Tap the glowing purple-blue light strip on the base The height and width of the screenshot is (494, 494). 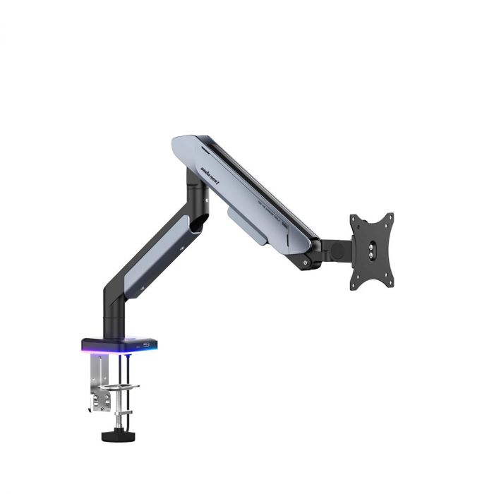[106, 348]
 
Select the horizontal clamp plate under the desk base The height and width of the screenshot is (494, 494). [120, 387]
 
